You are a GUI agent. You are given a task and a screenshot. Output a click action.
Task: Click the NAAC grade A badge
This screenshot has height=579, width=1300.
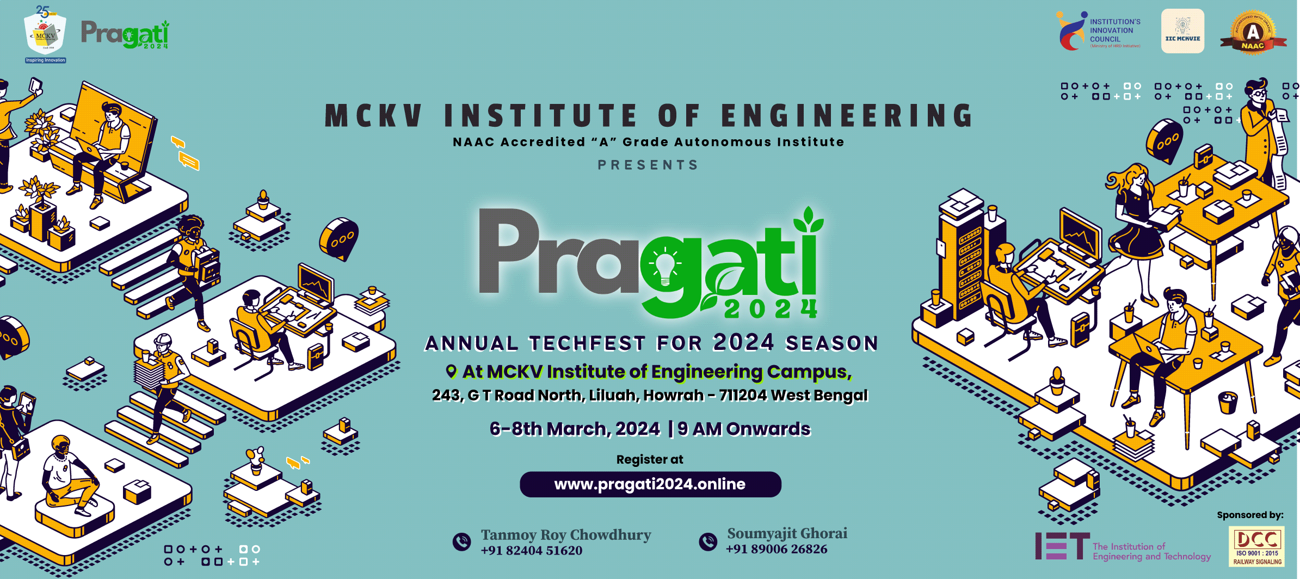point(1253,33)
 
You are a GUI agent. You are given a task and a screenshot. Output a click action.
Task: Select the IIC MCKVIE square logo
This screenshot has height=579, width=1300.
point(1182,31)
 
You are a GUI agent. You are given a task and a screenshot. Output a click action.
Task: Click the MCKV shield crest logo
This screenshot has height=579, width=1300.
point(46,35)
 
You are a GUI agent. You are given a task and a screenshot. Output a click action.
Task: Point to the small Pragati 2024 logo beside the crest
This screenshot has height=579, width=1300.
point(126,34)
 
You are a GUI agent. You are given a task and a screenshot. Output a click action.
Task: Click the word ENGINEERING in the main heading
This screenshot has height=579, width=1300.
point(847,116)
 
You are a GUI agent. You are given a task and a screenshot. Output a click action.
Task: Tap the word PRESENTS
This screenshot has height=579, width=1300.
point(648,165)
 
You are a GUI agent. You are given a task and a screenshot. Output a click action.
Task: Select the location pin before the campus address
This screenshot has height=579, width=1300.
point(451,372)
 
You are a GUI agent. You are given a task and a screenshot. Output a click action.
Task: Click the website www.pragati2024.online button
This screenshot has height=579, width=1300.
point(650,484)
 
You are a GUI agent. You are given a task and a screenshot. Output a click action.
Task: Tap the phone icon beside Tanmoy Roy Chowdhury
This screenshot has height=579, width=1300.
point(462,542)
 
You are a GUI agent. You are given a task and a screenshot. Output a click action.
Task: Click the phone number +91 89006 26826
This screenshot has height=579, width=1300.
point(777,549)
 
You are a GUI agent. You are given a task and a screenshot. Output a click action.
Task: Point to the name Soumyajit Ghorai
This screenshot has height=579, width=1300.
point(787,533)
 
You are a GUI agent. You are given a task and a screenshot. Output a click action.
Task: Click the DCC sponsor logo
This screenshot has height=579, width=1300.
point(1257,546)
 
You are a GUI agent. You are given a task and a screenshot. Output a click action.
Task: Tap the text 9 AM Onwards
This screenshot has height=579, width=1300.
point(744,429)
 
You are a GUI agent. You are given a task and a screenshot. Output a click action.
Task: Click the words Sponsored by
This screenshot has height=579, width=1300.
point(1250,515)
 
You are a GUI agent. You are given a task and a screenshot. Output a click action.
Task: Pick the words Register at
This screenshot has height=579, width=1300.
point(650,459)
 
